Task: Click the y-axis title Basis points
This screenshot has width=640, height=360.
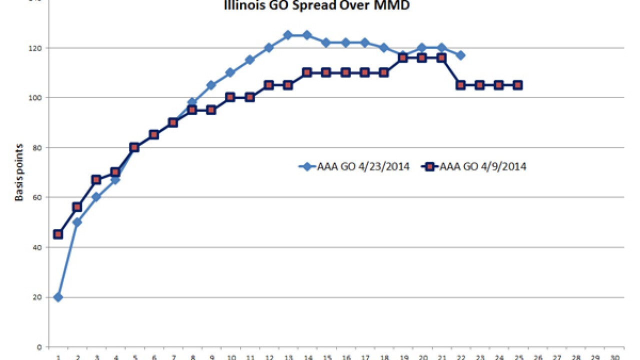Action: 19,172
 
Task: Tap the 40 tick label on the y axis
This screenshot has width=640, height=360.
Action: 39,247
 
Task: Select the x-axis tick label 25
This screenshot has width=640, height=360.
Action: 518,357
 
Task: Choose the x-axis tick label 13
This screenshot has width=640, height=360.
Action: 287,357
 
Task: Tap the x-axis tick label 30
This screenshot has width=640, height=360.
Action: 614,357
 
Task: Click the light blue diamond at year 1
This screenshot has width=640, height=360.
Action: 58,297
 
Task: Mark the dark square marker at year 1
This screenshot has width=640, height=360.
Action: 58,234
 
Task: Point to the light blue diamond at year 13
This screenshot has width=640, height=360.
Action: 287,35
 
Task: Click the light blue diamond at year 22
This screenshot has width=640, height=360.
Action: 460,55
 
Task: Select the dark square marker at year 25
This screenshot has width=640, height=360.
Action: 518,85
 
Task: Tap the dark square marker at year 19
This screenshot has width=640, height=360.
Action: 403,58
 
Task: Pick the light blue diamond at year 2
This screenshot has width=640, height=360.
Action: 77,222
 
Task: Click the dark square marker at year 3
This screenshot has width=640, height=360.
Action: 96,179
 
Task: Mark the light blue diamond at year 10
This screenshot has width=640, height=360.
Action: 230,72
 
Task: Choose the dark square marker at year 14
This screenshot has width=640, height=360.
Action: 307,72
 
